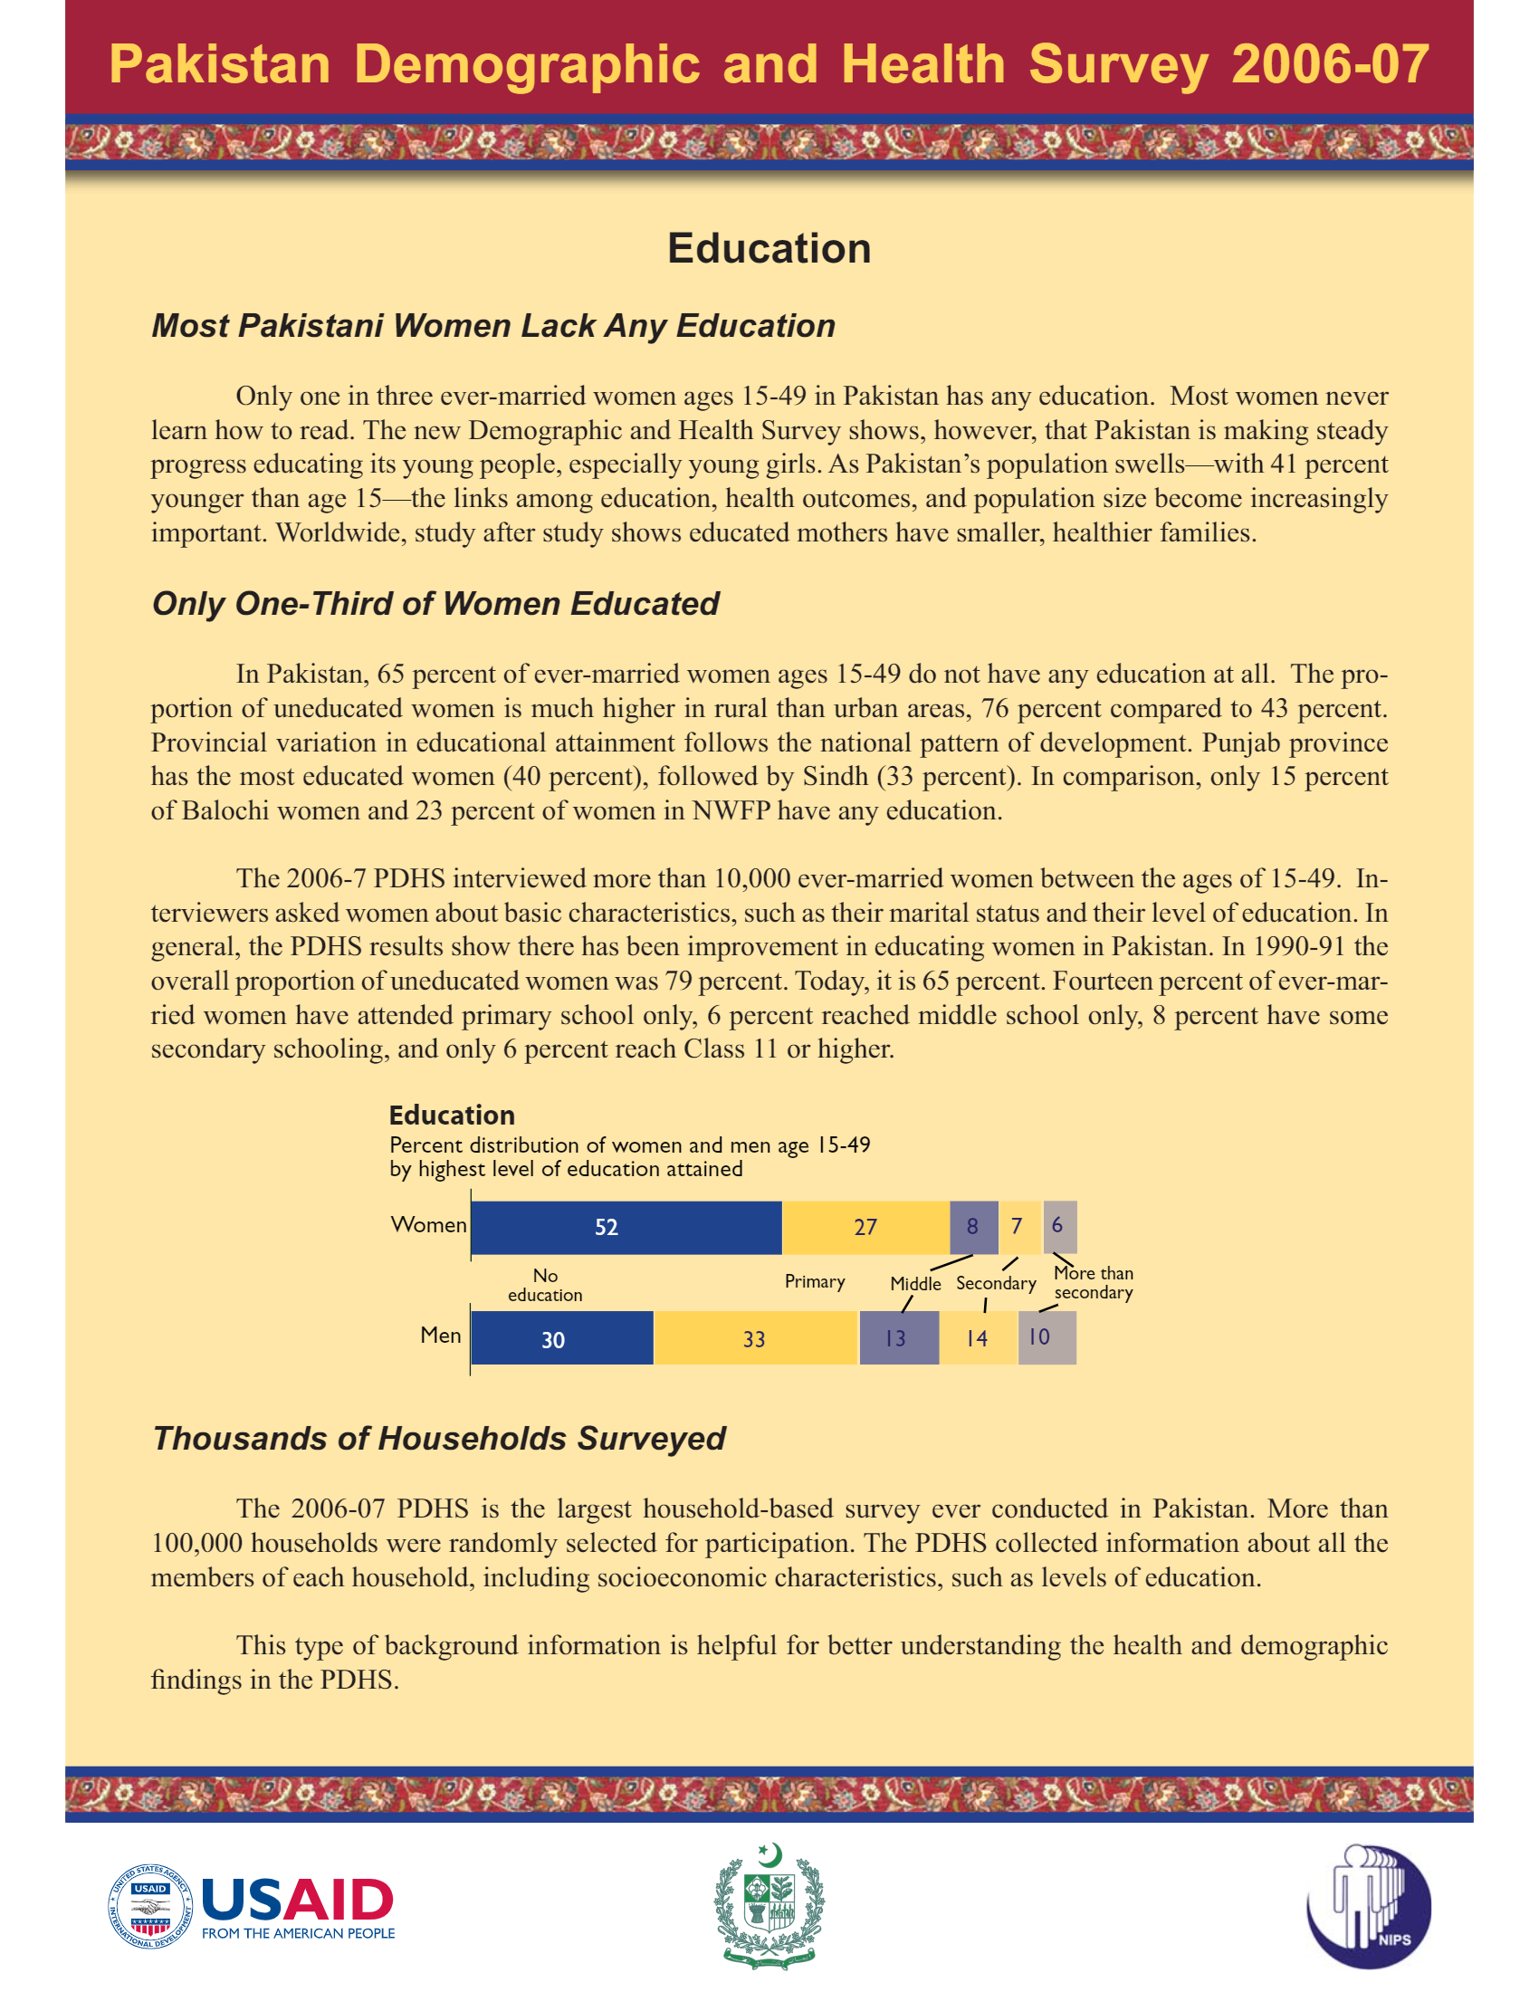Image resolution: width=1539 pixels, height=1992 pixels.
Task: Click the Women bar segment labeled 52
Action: (x=626, y=1227)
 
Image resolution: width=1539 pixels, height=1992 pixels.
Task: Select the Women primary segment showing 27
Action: (x=865, y=1227)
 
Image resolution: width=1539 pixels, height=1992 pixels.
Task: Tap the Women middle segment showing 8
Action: (x=973, y=1227)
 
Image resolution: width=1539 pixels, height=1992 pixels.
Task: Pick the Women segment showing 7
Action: (x=1018, y=1227)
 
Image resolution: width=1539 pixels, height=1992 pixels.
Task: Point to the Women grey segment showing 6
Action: (x=1059, y=1227)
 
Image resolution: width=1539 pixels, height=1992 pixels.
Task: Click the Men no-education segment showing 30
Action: (x=561, y=1338)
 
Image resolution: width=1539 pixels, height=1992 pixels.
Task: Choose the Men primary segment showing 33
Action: (x=755, y=1338)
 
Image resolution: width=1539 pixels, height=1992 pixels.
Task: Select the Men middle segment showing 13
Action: (x=898, y=1338)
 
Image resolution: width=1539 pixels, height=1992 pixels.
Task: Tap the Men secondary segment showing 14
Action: (x=978, y=1338)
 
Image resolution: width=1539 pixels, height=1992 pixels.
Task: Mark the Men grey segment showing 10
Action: (x=1046, y=1338)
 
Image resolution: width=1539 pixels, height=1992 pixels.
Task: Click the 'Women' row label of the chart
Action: (x=428, y=1225)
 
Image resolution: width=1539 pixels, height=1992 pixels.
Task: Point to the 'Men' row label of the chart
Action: (x=440, y=1336)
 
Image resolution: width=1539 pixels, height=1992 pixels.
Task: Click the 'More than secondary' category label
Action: (x=1094, y=1282)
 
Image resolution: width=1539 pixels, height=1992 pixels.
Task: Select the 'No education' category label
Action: (x=545, y=1285)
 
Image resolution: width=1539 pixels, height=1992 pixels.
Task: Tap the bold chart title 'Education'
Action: (x=452, y=1116)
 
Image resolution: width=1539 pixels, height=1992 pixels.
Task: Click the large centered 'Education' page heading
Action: (x=769, y=249)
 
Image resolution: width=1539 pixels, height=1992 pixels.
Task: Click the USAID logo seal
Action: (x=150, y=1906)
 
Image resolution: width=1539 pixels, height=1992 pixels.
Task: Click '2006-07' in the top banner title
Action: (x=1329, y=65)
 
